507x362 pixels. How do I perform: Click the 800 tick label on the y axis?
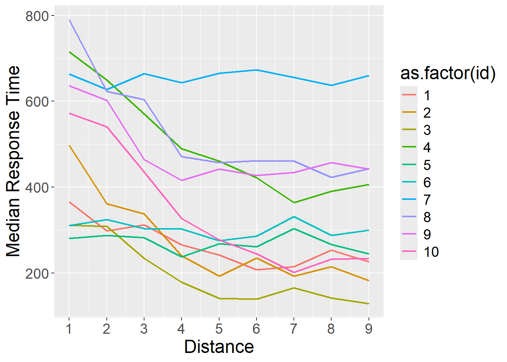(x=37, y=16)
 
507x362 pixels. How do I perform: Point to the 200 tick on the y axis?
(x=37, y=273)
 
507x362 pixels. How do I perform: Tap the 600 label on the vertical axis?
(x=37, y=101)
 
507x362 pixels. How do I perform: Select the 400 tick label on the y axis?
(x=37, y=187)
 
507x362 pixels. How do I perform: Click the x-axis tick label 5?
(x=219, y=329)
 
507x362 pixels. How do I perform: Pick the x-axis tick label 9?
(x=369, y=329)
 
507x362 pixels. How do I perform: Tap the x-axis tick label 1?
(x=69, y=329)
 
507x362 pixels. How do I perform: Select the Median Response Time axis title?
(x=14, y=161)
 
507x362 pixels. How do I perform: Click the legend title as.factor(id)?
(x=448, y=73)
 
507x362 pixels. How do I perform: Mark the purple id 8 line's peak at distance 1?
(x=69, y=20)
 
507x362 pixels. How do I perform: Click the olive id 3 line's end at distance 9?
(x=369, y=304)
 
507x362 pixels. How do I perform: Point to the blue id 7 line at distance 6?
(x=257, y=70)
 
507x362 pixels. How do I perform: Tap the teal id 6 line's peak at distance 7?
(x=294, y=217)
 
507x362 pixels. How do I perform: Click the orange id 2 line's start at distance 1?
(x=69, y=146)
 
